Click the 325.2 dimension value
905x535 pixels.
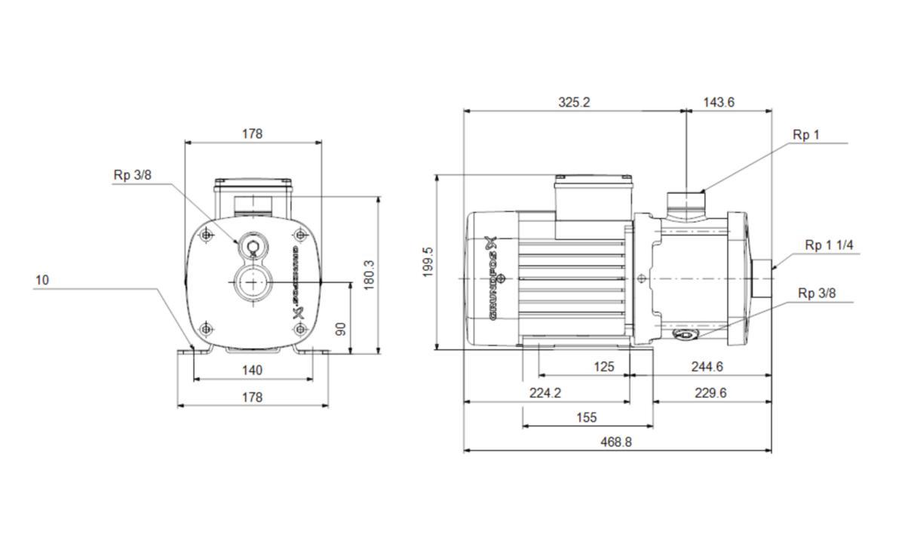(x=574, y=102)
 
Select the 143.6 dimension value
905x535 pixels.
(x=719, y=102)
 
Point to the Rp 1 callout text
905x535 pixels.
(x=805, y=135)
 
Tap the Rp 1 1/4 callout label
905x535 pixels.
(x=829, y=245)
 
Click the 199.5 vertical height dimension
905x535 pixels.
(x=428, y=262)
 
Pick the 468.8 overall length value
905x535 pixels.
(x=616, y=442)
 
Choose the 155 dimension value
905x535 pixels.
(x=586, y=417)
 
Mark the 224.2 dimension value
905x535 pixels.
(x=546, y=392)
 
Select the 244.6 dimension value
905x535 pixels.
(x=707, y=367)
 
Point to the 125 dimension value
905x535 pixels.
(x=604, y=367)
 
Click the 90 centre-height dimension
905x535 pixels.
(x=341, y=328)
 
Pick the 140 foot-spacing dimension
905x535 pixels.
(x=252, y=370)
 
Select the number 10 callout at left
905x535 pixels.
(x=41, y=280)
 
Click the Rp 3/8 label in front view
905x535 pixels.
(x=132, y=175)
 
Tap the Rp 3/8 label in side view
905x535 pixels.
(x=818, y=294)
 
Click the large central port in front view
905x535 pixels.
(x=250, y=283)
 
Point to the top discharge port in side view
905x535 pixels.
(x=686, y=200)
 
